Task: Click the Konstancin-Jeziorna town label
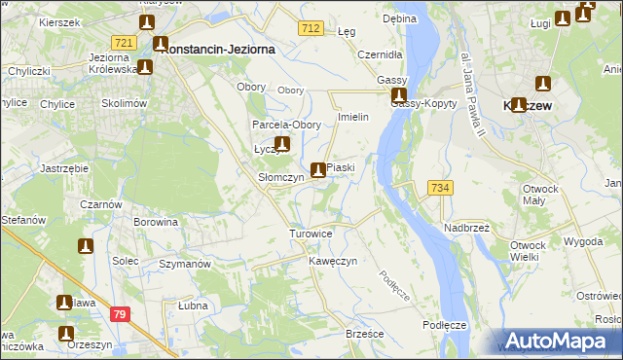[x=220, y=47]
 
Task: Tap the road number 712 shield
[x=311, y=30]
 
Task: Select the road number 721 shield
[x=124, y=43]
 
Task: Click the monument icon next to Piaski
[x=317, y=170]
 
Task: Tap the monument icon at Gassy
[x=399, y=96]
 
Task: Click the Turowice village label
[x=311, y=234]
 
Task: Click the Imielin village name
[x=351, y=118]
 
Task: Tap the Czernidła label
[x=380, y=54]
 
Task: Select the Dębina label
[x=399, y=18]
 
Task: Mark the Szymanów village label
[x=185, y=265]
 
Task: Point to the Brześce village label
[x=365, y=334]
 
